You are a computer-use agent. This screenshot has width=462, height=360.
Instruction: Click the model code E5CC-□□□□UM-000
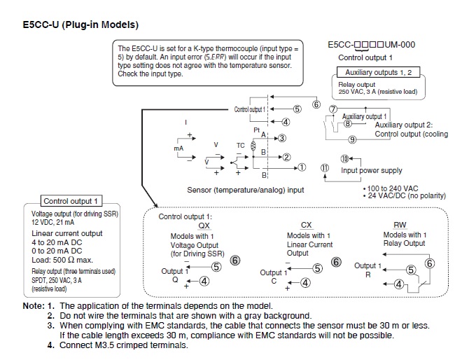[372, 45]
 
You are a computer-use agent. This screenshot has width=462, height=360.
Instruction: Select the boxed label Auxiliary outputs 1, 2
[379, 73]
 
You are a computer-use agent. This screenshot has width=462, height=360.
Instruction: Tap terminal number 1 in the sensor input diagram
[302, 167]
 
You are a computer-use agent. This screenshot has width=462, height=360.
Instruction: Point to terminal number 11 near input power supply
[324, 167]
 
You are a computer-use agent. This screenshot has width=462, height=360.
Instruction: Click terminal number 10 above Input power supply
[344, 159]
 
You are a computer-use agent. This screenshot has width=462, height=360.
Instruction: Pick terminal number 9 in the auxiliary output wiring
[352, 139]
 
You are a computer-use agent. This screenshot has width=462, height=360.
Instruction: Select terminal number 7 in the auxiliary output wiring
[333, 110]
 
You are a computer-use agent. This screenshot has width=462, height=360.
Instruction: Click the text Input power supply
[372, 170]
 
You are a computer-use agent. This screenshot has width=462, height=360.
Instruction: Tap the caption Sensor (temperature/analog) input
[246, 189]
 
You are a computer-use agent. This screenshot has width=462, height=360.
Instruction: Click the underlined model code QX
[204, 226]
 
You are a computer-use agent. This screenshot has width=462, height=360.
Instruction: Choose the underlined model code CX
[306, 225]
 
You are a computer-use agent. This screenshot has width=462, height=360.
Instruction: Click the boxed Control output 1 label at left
[72, 201]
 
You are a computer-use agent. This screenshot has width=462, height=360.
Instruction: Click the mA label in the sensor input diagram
[178, 149]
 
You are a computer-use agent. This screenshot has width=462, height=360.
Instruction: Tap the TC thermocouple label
[240, 145]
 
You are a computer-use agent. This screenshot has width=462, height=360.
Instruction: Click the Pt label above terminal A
[257, 130]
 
